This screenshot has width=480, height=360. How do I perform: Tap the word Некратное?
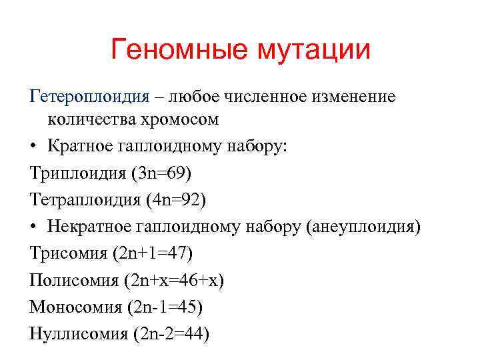pyautogui.click(x=89, y=227)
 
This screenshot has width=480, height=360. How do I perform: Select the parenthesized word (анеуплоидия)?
pyautogui.click(x=363, y=227)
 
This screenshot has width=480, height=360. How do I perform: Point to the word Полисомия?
pyautogui.click(x=74, y=280)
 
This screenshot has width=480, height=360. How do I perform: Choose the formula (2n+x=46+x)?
pyautogui.click(x=174, y=280)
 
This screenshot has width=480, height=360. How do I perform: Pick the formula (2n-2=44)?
pyautogui.click(x=170, y=333)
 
